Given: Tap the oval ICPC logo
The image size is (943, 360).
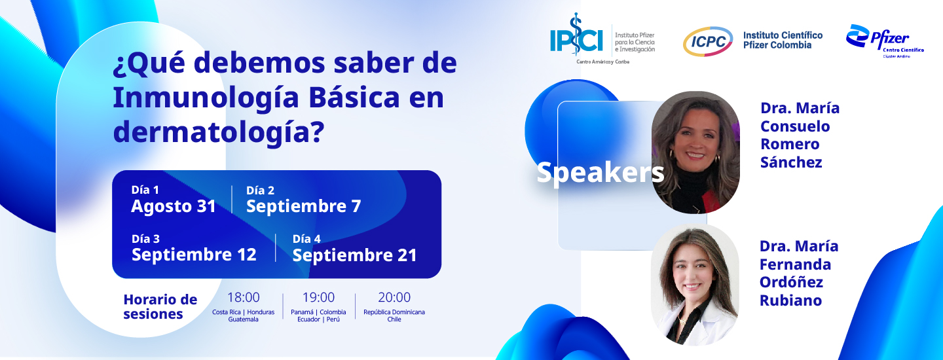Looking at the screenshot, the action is tap(708, 41).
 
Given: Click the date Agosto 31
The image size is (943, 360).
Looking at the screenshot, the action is tap(174, 206).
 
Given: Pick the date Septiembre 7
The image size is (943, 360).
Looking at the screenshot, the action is tap(304, 206).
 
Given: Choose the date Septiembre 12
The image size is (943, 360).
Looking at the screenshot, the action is tap(194, 255).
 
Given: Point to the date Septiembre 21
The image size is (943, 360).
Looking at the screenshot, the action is tap(354, 255).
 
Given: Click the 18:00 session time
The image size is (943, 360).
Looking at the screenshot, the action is tap(244, 297).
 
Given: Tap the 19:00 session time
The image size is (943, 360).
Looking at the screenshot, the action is tap(318, 297).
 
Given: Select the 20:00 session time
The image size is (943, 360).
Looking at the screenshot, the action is tap(394, 297).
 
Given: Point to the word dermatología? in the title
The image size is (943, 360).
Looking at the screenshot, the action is tap(219, 132).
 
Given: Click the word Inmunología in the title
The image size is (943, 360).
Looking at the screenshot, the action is tap(206, 98).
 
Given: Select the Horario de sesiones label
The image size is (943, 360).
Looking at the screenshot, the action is tap(160, 306).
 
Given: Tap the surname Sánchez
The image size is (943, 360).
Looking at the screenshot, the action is tap(791, 162).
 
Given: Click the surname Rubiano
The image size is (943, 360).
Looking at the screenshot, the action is tap(790, 300).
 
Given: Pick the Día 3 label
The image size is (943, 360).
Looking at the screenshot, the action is tap(145, 239).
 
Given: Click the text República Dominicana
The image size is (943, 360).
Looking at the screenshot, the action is tap(394, 312).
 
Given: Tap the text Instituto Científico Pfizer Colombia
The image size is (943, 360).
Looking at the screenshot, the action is tap(783, 41).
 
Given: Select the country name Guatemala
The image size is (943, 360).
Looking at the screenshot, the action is tap(244, 319).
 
